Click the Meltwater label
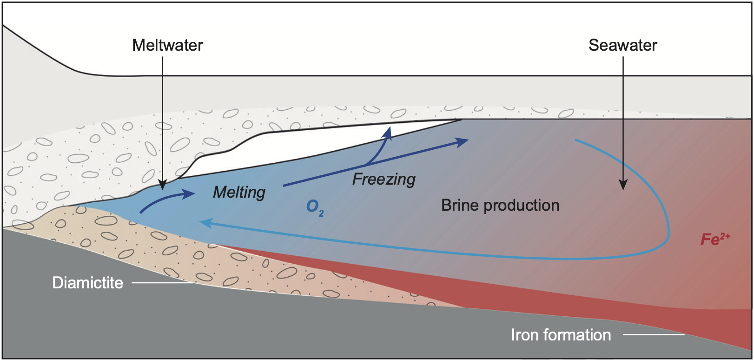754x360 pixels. [167, 45]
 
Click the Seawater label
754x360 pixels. [622, 45]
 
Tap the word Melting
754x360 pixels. [239, 192]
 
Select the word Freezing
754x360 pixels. [384, 179]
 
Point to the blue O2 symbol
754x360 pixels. [315, 207]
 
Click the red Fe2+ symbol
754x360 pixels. [715, 239]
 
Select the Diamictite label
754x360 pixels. [87, 283]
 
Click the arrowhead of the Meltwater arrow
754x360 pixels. [162, 186]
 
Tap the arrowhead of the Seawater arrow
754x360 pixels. [623, 185]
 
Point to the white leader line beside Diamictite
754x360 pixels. [162, 282]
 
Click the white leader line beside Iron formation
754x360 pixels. [654, 334]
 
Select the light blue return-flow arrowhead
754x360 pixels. [205, 223]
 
